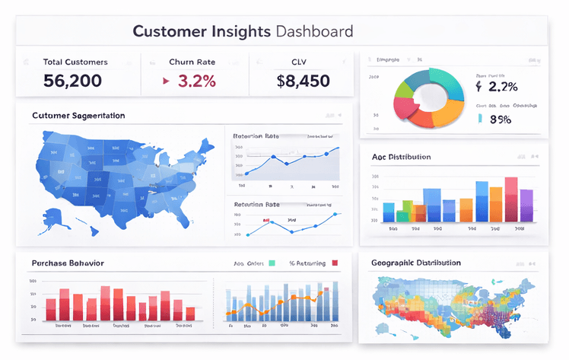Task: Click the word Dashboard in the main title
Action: coord(315,32)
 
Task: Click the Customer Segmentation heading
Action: coord(78,116)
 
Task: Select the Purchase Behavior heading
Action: coord(68,263)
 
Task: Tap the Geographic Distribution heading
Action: coord(415,263)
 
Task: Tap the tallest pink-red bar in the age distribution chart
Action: coord(511,199)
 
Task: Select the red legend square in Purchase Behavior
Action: coord(335,263)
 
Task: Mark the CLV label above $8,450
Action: coord(298,62)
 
